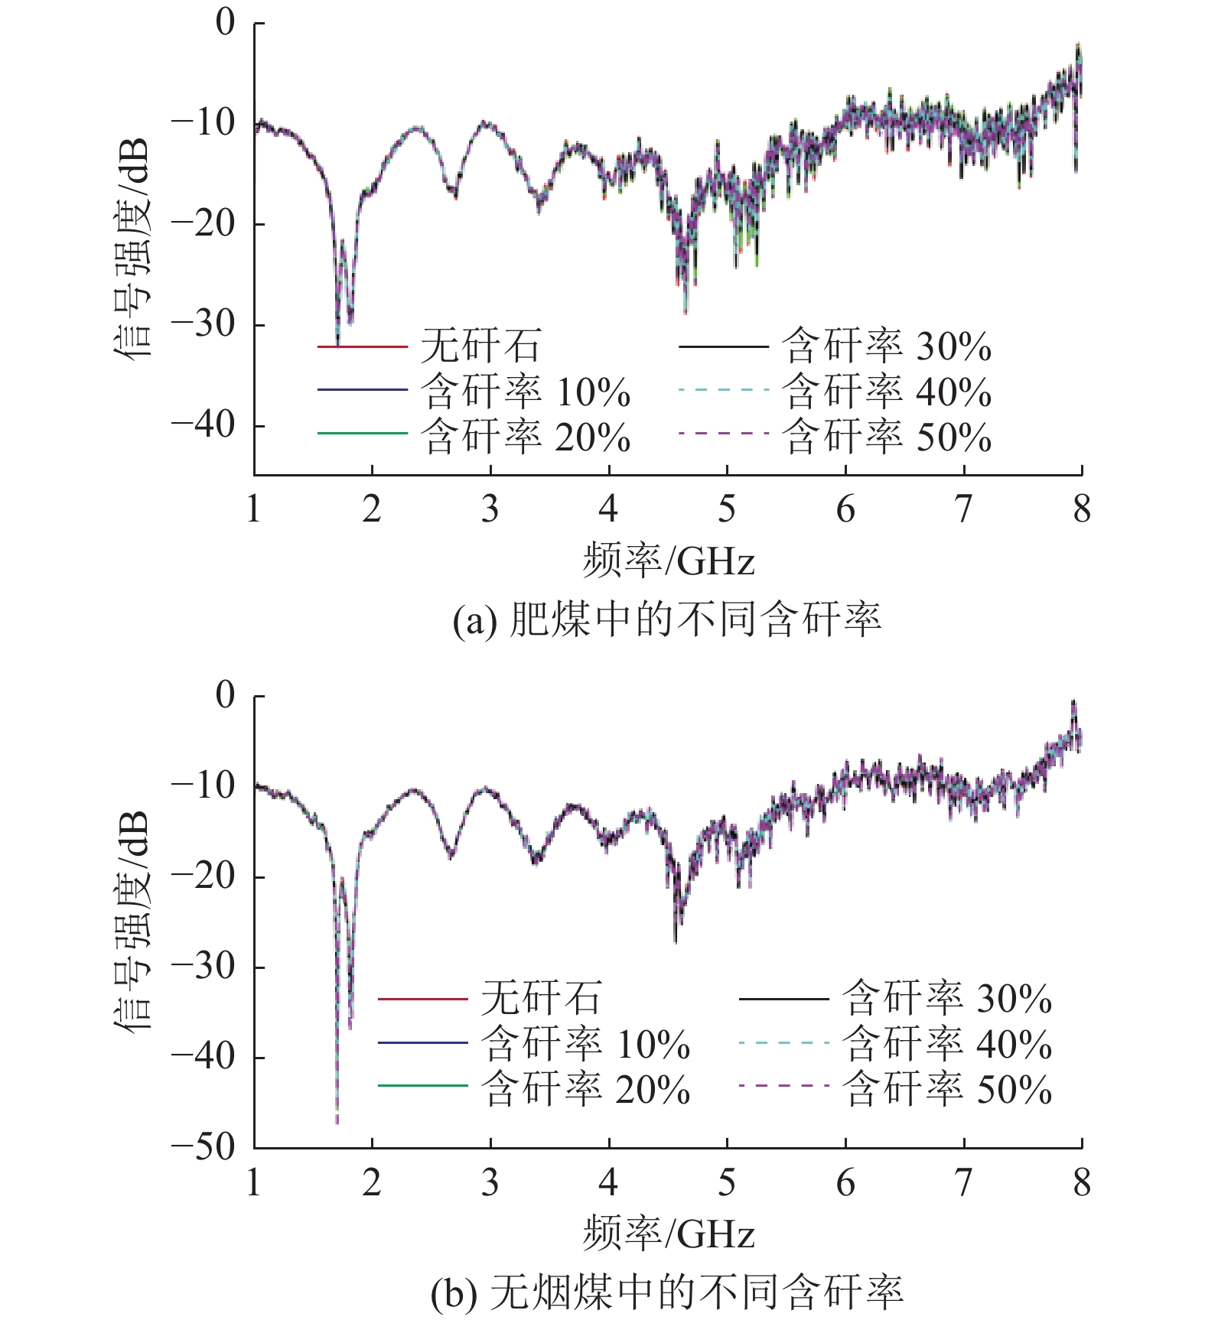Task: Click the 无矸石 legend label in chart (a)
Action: [x=480, y=346]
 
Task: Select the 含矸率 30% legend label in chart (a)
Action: [x=887, y=346]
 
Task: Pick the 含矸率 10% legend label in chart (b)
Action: [x=585, y=1044]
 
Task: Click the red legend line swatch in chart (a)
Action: [x=362, y=347]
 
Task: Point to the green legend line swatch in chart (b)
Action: [x=422, y=1086]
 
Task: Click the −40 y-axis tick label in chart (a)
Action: [x=204, y=425]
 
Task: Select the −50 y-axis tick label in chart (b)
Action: [x=204, y=1147]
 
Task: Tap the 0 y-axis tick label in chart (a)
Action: [x=225, y=23]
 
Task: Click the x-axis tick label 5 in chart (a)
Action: [x=727, y=509]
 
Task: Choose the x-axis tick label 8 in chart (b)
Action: [x=1081, y=1182]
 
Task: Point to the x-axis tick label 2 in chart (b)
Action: [x=372, y=1182]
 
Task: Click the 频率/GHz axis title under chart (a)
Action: [x=669, y=561]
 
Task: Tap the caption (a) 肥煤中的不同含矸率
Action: [x=667, y=619]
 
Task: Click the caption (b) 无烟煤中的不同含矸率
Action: [x=667, y=1292]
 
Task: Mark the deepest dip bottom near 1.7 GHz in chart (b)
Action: [x=337, y=1121]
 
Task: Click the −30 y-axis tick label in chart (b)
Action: [x=204, y=967]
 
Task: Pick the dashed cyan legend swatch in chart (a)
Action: [x=723, y=390]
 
